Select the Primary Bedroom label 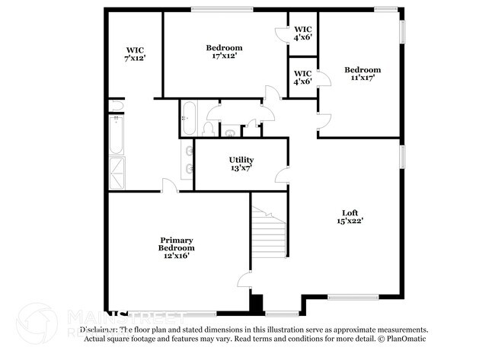[176, 247]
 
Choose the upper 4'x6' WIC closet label [302, 33]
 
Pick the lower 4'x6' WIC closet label [302, 77]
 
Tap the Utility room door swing [282, 177]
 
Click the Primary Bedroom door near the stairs [244, 280]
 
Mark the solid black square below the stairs [257, 302]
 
